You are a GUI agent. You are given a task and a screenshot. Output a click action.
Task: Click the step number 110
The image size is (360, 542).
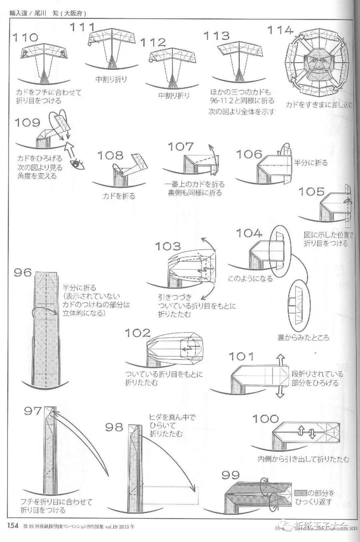pyautogui.click(x=25, y=37)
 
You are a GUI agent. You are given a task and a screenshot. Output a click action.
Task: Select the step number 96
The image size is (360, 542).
pyautogui.click(x=23, y=272)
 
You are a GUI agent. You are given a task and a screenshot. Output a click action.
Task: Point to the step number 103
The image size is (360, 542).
pyautogui.click(x=168, y=246)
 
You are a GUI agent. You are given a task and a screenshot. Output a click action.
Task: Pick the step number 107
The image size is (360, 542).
pyautogui.click(x=180, y=147)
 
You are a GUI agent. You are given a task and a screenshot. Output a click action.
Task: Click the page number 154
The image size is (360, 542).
pyautogui.click(x=13, y=526)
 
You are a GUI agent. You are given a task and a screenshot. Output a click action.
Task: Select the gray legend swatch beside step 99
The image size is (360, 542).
pyautogui.click(x=301, y=493)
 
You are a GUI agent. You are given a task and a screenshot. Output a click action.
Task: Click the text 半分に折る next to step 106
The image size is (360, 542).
pyautogui.click(x=311, y=163)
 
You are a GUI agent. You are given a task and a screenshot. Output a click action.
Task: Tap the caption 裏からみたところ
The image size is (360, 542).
pyautogui.click(x=303, y=338)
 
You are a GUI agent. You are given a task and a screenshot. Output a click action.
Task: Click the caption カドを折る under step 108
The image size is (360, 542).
pyautogui.click(x=119, y=196)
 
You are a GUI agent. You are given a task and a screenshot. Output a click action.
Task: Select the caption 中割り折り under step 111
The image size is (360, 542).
pyautogui.click(x=111, y=79)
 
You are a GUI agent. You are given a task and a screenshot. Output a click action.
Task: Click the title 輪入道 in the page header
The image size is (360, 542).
pyautogui.click(x=18, y=14)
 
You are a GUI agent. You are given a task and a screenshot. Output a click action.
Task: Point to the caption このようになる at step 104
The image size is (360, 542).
pyautogui.click(x=250, y=278)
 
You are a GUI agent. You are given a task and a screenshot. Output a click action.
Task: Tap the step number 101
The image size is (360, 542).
pyautogui.click(x=241, y=356)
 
